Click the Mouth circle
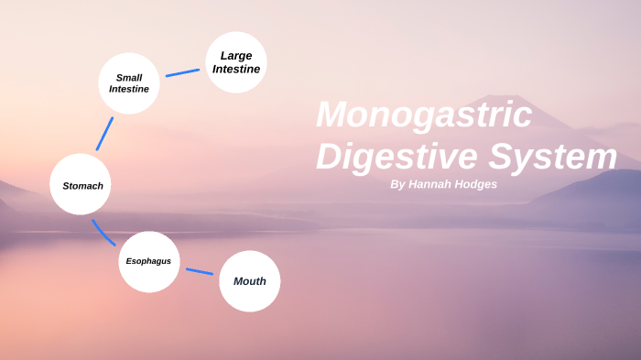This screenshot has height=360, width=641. click(x=249, y=281)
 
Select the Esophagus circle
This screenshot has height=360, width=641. click(x=148, y=261)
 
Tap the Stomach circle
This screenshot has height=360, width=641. click(x=81, y=184)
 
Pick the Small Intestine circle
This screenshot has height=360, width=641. click(x=129, y=83)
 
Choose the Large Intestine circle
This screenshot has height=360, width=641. click(x=236, y=62)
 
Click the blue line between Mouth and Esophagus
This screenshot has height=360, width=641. click(x=200, y=271)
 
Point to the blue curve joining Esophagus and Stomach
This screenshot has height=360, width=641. click(x=102, y=233)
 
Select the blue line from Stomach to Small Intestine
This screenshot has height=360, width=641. click(x=104, y=134)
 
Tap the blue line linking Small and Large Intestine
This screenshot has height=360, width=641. click(x=182, y=72)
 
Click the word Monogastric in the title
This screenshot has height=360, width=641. click(x=424, y=115)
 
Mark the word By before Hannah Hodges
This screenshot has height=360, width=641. click(x=397, y=184)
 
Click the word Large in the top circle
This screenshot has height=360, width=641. click(x=236, y=56)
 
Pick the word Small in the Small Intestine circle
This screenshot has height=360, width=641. click(x=129, y=77)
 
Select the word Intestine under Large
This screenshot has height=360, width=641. click(x=236, y=69)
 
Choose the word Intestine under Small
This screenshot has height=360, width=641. click(x=129, y=90)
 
